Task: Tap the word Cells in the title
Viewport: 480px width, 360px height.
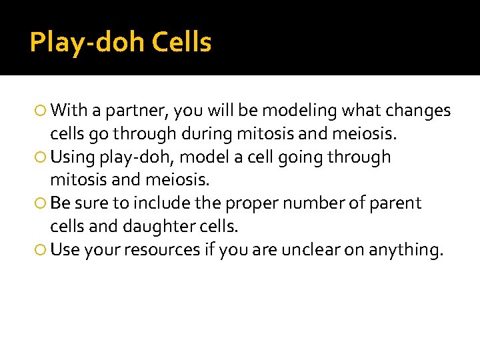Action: tap(182, 43)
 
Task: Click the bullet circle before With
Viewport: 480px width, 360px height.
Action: tap(42, 111)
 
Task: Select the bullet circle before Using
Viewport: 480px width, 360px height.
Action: tap(42, 157)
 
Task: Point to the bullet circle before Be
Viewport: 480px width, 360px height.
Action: tap(42, 203)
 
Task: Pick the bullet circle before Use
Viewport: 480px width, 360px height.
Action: tap(42, 250)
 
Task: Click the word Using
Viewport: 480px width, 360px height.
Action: tap(73, 157)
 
